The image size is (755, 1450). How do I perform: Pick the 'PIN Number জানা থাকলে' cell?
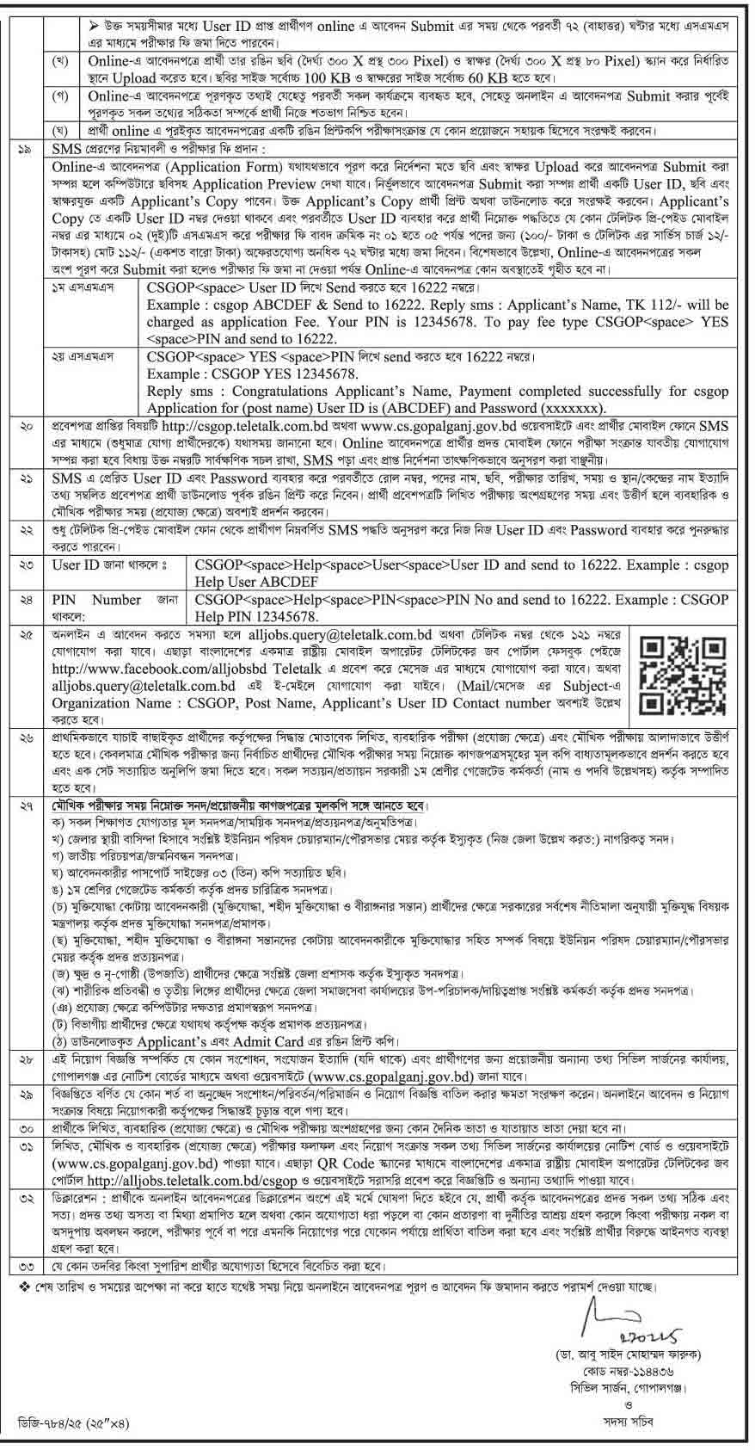point(115,608)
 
